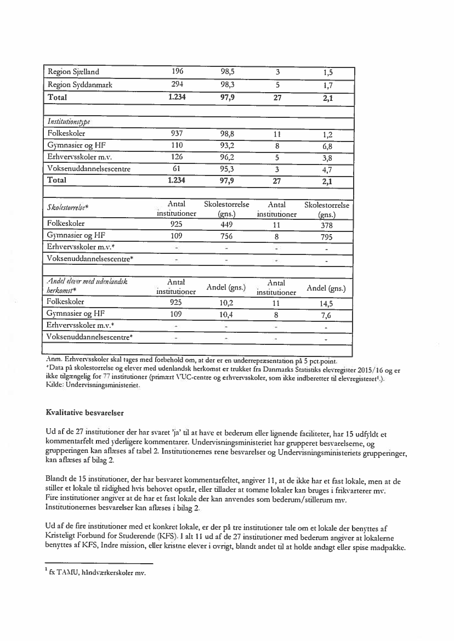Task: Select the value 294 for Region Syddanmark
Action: pyautogui.click(x=177, y=84)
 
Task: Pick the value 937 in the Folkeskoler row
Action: pyautogui.click(x=177, y=133)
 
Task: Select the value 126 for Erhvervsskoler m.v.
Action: pyautogui.click(x=177, y=157)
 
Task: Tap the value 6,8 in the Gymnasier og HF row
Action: pyautogui.click(x=328, y=146)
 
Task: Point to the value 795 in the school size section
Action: pyautogui.click(x=328, y=237)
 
